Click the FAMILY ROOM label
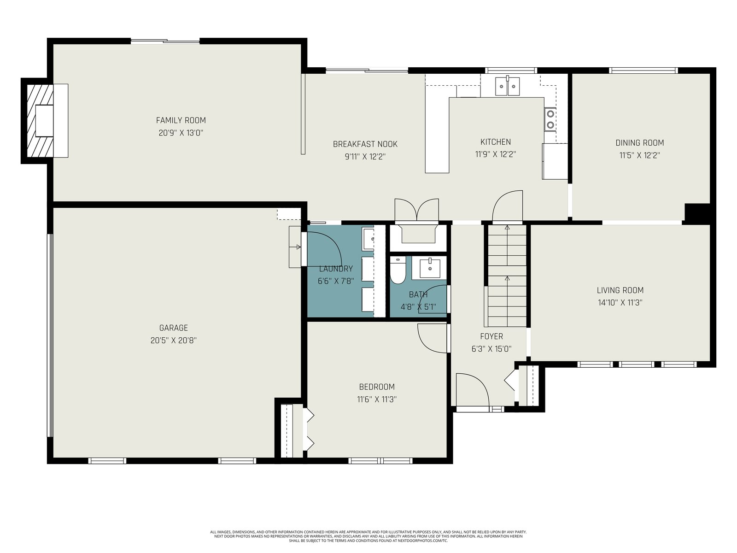(181, 120)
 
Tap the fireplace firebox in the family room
(44, 121)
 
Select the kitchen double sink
(507, 86)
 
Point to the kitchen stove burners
(550, 119)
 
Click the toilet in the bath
(398, 271)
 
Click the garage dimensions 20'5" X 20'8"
(173, 341)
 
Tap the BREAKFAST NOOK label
(365, 144)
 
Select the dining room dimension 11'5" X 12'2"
(640, 155)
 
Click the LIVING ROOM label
(620, 290)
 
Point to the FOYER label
(491, 336)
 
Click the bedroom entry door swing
(433, 338)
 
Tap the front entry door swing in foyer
(472, 389)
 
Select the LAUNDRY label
(336, 269)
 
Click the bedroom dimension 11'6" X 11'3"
(377, 399)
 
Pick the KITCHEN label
(495, 141)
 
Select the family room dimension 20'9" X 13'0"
(181, 133)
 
